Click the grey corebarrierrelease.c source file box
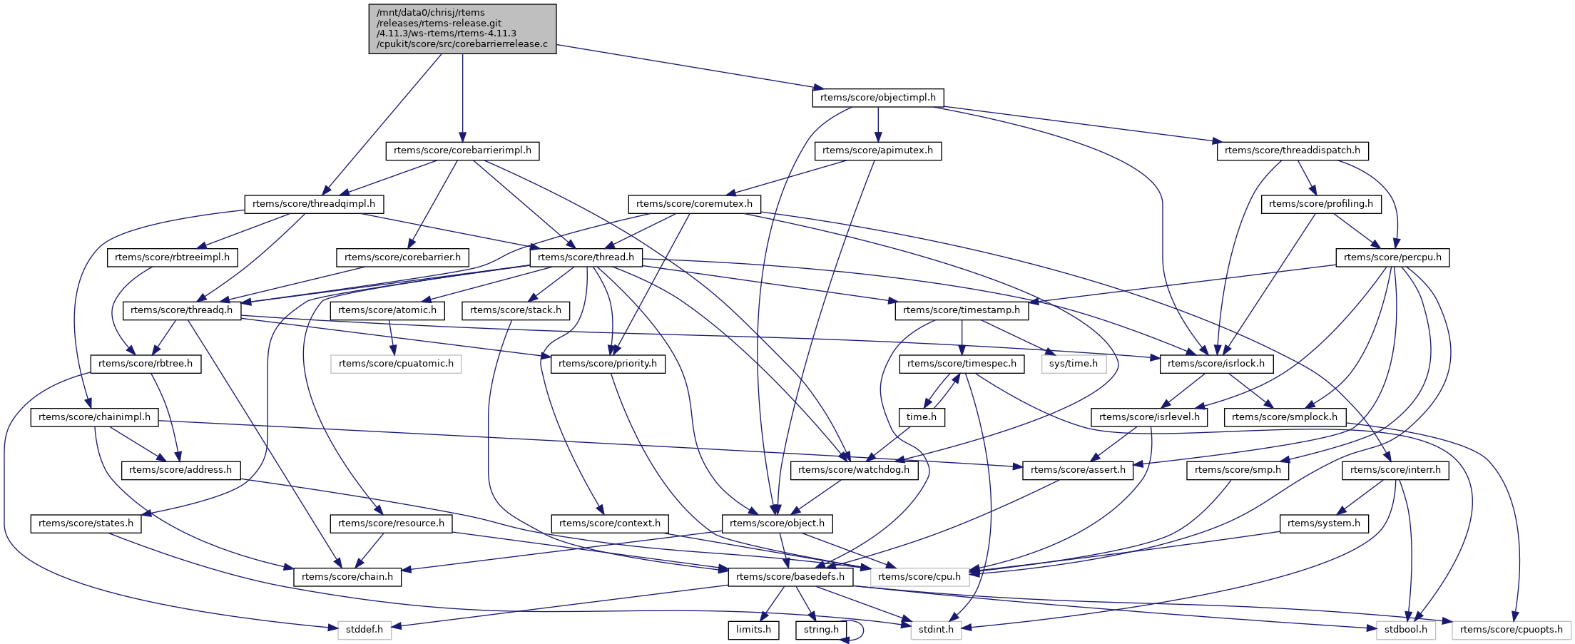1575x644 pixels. click(462, 29)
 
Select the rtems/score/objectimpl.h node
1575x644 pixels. click(878, 98)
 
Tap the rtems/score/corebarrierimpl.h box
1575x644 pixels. click(462, 150)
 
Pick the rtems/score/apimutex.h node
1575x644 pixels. click(877, 150)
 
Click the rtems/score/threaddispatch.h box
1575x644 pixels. click(1292, 150)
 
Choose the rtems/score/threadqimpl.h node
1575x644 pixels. click(314, 204)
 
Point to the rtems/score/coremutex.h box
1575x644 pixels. click(694, 204)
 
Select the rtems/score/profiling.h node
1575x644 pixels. click(1321, 204)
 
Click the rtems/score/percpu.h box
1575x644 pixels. click(1392, 257)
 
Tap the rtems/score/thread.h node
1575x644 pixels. click(586, 257)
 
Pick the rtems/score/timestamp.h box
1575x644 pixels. click(962, 310)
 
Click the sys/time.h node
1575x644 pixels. click(1074, 364)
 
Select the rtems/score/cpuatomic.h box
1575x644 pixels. click(396, 364)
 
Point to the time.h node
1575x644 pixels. click(922, 417)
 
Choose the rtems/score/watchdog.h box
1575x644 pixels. click(854, 470)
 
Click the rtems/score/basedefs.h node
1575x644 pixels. click(790, 577)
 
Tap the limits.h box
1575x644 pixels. click(753, 630)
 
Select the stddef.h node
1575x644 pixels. click(365, 630)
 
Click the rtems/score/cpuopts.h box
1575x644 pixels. click(1511, 630)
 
